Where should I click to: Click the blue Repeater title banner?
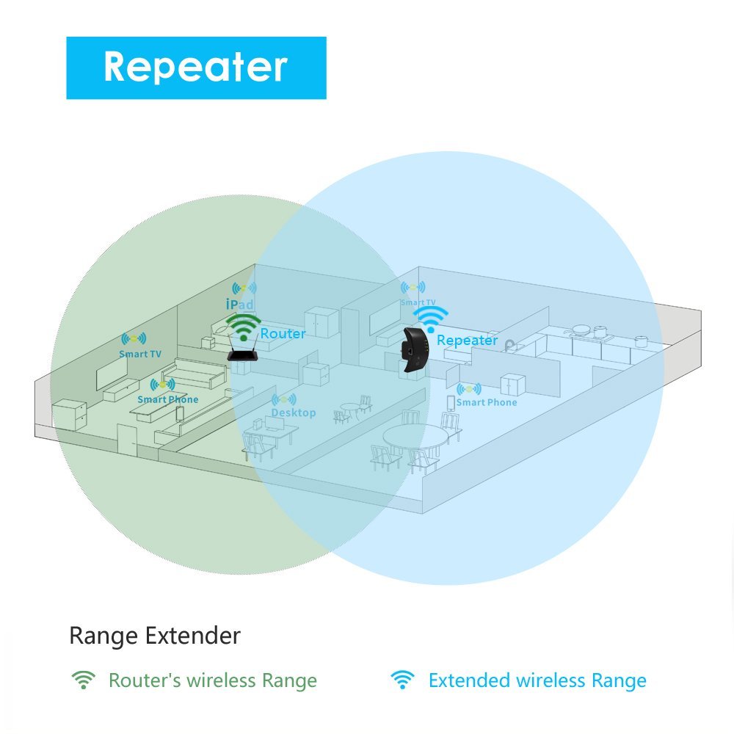[x=196, y=68]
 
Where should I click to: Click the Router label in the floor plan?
[x=283, y=333]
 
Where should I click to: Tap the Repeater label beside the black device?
[x=467, y=340]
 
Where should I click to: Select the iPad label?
[x=239, y=304]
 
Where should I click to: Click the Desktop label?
[x=293, y=413]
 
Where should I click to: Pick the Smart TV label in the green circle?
[x=140, y=354]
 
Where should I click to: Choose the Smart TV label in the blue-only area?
[x=418, y=302]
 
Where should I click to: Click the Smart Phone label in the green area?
[x=167, y=399]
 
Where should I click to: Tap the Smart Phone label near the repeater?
[x=486, y=402]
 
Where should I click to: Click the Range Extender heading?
[x=155, y=635]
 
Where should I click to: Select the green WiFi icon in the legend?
[x=84, y=680]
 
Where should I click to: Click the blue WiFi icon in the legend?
[x=401, y=680]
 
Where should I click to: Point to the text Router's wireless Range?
[x=212, y=680]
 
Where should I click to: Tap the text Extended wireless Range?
[x=537, y=680]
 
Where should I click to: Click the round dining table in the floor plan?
[x=415, y=438]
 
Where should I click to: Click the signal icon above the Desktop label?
[x=284, y=400]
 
